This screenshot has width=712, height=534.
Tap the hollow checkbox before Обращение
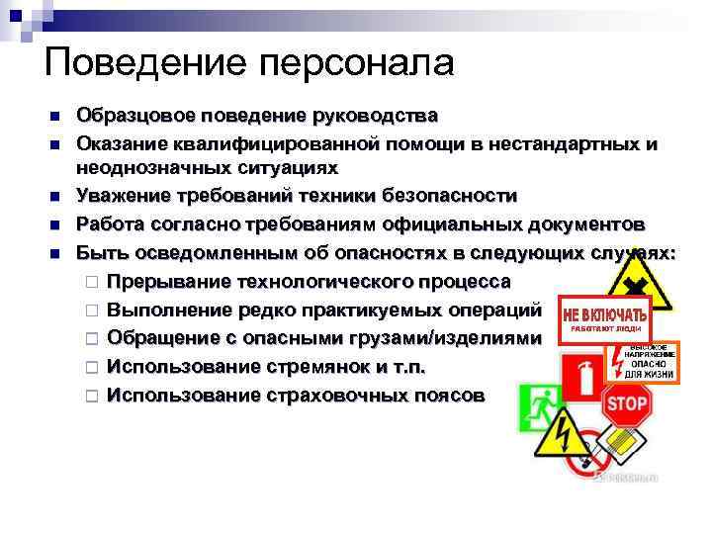(91, 338)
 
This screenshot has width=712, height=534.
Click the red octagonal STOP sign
(625, 402)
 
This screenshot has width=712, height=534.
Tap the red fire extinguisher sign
(581, 376)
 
